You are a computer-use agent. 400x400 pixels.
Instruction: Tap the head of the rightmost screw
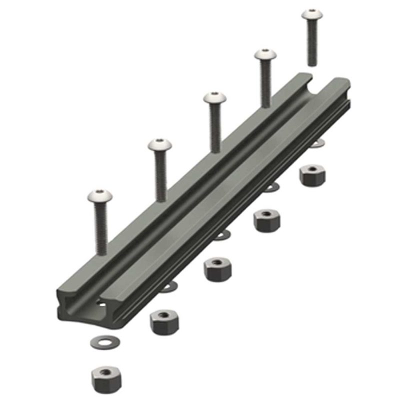coord(312,15)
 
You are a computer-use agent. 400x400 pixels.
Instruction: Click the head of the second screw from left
coord(160,146)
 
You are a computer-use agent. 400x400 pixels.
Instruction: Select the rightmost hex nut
coord(312,174)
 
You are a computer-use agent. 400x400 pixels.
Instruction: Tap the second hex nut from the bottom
coord(164,322)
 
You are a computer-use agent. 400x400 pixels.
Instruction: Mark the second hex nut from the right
coord(266,220)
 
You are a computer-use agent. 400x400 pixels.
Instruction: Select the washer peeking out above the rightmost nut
coord(316,143)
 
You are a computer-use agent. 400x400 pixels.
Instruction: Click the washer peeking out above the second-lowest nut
coord(169,285)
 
